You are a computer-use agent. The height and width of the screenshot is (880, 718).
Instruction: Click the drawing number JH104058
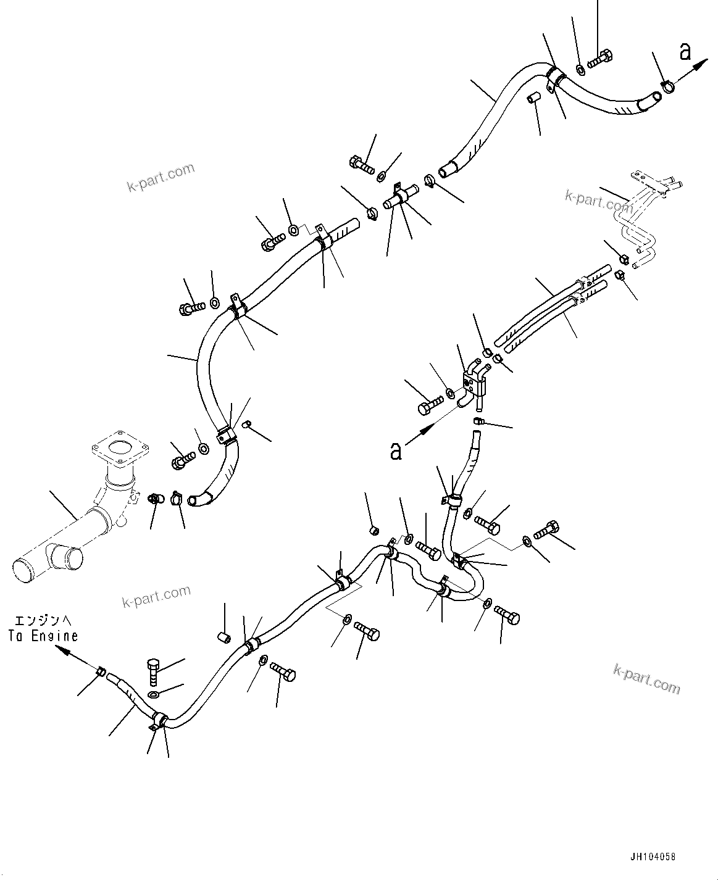pos(653,857)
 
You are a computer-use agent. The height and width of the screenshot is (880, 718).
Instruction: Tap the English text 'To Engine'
pos(43,636)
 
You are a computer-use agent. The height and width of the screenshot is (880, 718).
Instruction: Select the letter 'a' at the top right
pos(685,53)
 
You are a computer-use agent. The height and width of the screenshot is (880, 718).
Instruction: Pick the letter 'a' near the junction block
pos(396,451)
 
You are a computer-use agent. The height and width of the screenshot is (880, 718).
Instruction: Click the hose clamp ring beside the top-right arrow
pos(667,88)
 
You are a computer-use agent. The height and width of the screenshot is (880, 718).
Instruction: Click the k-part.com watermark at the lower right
pos(646,678)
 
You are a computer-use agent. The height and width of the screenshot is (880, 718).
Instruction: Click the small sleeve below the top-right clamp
pos(534,97)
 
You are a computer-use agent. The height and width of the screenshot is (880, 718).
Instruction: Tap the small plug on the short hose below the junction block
pos(478,421)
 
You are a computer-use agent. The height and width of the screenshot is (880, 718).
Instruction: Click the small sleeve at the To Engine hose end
pos(102,671)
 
